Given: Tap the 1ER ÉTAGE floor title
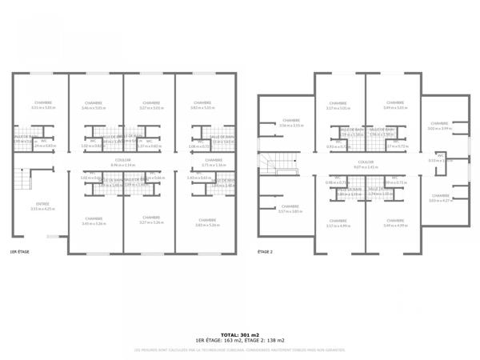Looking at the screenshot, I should [x=20, y=252].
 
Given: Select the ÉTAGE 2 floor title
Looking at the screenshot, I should [x=265, y=252].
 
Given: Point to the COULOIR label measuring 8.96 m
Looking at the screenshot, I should [x=122, y=160].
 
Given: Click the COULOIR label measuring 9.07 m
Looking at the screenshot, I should [x=366, y=162].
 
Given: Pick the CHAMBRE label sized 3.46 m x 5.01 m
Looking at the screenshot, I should [x=94, y=103].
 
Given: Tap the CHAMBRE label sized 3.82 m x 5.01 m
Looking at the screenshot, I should [x=202, y=103].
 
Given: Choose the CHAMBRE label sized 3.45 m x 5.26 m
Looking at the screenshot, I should [x=94, y=218].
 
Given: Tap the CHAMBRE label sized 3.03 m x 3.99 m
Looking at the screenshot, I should [x=439, y=124].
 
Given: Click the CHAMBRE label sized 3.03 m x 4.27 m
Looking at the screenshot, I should [x=439, y=195].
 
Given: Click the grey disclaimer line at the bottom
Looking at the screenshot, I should [x=240, y=350].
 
